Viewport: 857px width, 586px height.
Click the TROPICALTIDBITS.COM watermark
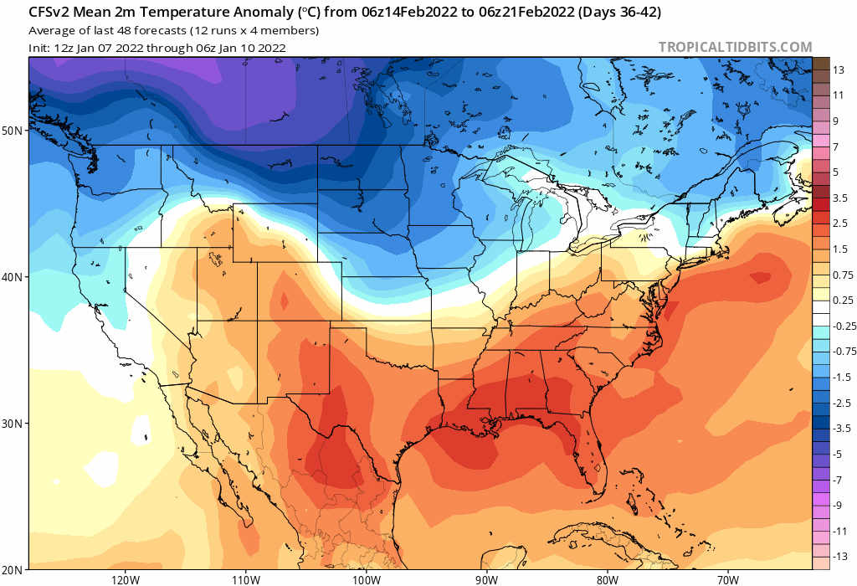[735, 48]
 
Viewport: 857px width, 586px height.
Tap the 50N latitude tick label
[12, 131]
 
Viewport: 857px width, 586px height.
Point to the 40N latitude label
[12, 277]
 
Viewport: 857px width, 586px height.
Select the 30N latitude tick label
[12, 424]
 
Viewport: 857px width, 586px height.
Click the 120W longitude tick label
[124, 578]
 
